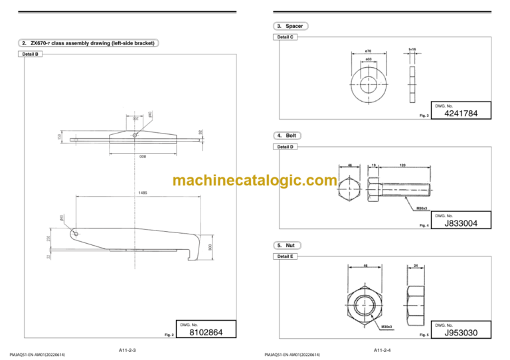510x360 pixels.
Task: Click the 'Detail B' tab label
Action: pos(30,54)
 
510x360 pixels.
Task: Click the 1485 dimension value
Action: pos(143,193)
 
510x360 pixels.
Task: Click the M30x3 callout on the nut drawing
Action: pos(386,327)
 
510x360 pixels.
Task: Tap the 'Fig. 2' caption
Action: pos(168,335)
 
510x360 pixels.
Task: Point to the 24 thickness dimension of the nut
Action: pos(414,266)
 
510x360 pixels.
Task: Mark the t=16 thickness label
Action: pos(412,48)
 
